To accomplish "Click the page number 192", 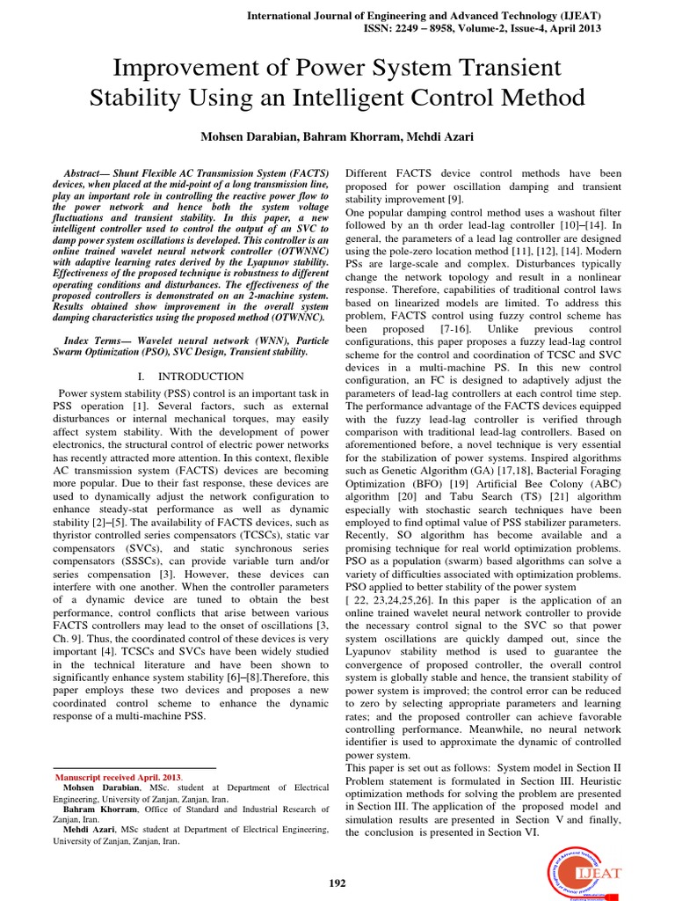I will pos(337,883).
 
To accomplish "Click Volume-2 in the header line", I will pos(530,27).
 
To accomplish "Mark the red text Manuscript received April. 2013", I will pos(119,778).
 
